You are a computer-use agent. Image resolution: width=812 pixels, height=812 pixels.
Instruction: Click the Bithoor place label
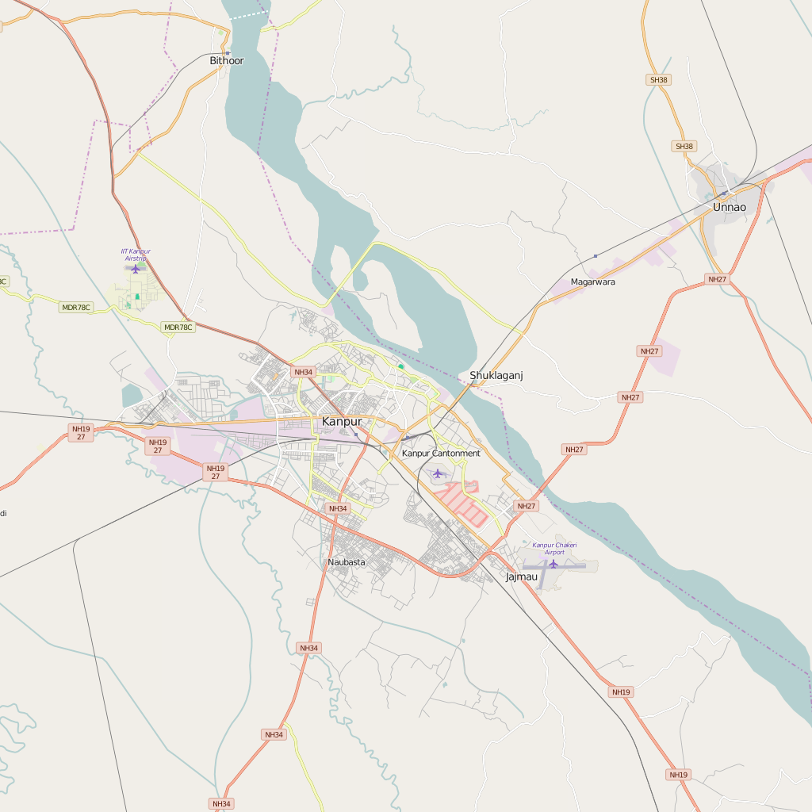227,60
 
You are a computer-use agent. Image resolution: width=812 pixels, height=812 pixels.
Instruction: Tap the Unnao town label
729,207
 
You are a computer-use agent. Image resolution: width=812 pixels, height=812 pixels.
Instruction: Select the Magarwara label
592,282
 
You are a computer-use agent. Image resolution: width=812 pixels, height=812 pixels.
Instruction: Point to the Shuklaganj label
496,375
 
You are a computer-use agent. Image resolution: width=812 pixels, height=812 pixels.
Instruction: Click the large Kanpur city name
342,421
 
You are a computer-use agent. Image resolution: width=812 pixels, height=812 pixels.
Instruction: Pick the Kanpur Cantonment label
441,454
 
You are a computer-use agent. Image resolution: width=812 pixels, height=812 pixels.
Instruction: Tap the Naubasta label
347,562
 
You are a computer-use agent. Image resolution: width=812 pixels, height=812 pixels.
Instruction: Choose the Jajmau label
522,576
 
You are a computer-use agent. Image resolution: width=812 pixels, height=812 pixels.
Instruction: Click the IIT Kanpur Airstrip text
136,255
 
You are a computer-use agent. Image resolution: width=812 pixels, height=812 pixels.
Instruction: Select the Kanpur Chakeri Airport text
554,548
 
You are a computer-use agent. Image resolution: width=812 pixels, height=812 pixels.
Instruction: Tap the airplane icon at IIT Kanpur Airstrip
135,269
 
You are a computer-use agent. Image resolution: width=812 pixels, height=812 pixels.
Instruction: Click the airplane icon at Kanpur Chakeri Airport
553,564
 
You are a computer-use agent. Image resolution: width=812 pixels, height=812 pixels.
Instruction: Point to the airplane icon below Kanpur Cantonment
437,473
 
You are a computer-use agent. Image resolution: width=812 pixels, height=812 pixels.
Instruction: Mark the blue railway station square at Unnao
724,193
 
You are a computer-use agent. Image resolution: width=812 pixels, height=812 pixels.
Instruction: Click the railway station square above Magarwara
596,255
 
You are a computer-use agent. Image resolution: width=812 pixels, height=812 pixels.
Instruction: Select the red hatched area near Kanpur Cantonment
460,504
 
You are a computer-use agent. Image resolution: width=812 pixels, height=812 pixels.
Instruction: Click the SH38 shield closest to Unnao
684,146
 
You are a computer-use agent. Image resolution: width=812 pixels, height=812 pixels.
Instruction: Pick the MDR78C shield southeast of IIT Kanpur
178,327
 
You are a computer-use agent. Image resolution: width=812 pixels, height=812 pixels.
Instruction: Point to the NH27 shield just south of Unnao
717,279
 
